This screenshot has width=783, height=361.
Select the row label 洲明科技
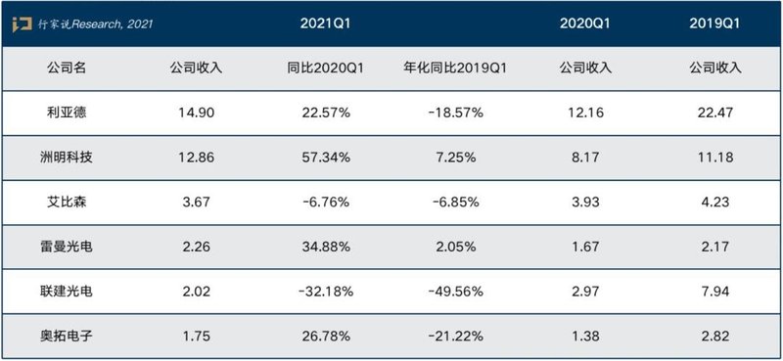67,155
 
